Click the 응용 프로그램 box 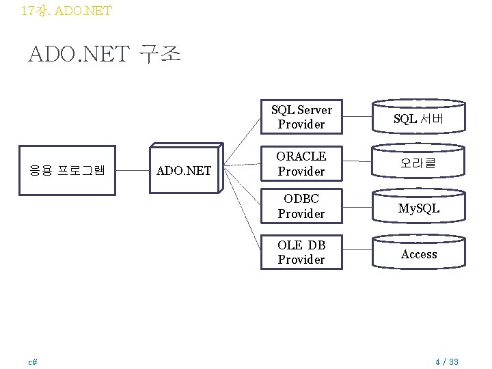[67, 169]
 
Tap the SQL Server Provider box [301, 117]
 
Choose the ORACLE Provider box [301, 164]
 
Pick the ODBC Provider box [301, 206]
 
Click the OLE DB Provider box [301, 252]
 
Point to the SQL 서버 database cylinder [419, 118]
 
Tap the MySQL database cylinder [419, 208]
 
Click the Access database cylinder [419, 254]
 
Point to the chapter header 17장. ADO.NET [66, 10]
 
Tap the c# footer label [32, 361]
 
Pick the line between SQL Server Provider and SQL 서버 [356, 117]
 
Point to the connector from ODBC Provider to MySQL [356, 206]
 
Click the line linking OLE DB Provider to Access [356, 252]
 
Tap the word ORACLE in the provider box [301, 156]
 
